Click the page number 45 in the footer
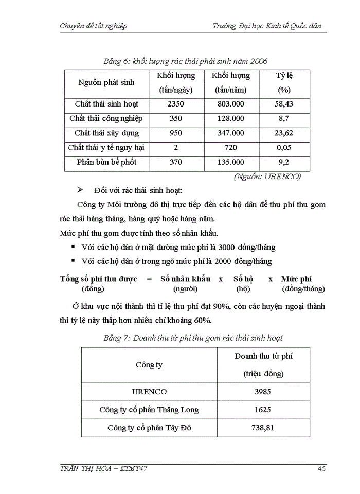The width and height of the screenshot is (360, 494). coord(322,468)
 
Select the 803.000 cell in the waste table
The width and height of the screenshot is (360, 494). coord(231,104)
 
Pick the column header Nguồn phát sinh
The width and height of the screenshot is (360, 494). coord(106,82)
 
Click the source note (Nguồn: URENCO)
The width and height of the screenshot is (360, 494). coord(267,177)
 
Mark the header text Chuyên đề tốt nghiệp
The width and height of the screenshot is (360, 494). coord(94,26)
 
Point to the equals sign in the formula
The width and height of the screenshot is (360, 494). coord(149,279)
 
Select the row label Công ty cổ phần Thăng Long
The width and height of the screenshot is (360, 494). coord(149,410)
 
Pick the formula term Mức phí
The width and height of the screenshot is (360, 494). coord(297,279)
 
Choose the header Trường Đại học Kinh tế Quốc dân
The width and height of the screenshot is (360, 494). coord(269,26)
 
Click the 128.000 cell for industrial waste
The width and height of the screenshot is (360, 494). coord(231,119)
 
